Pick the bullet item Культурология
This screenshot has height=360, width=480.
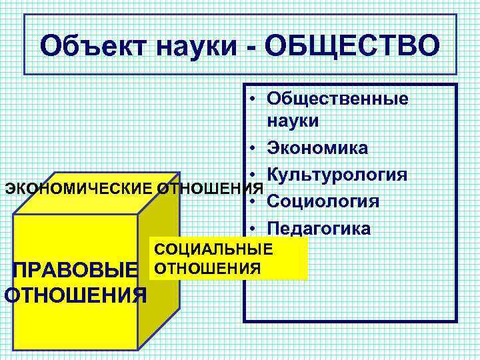[x=336, y=175]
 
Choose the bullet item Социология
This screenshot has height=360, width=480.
[x=323, y=201]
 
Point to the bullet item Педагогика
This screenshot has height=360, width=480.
[x=319, y=228]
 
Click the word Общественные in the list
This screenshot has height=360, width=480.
[x=337, y=98]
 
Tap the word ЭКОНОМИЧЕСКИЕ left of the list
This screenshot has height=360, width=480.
[x=79, y=187]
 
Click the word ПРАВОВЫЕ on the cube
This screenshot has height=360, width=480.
[x=74, y=271]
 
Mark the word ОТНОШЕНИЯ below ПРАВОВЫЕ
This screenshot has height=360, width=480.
[x=75, y=294]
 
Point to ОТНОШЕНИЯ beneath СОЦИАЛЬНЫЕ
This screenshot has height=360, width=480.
[x=206, y=269]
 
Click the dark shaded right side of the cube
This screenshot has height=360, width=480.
[x=159, y=267]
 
